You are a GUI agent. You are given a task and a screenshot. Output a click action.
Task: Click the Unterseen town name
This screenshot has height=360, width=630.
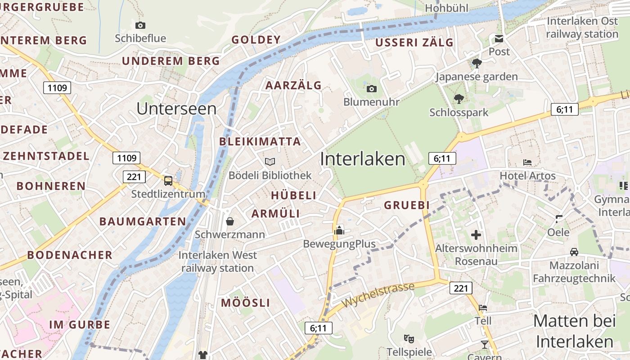(176, 108)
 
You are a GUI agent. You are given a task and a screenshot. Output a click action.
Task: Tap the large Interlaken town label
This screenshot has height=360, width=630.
(363, 159)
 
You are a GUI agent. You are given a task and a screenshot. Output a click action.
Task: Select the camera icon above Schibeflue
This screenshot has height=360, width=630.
(140, 25)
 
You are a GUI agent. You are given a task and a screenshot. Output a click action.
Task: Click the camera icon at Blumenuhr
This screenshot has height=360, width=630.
(372, 89)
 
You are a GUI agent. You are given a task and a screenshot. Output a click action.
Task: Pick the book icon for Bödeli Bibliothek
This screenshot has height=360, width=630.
(270, 162)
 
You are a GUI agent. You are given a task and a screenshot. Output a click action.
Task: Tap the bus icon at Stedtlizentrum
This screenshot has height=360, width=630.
(168, 181)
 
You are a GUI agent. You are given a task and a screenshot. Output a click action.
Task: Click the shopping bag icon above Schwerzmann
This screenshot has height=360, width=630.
(230, 221)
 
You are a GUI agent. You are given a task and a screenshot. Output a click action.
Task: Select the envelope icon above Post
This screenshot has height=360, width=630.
(499, 39)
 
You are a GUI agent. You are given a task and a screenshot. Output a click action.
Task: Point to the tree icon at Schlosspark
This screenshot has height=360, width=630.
(459, 99)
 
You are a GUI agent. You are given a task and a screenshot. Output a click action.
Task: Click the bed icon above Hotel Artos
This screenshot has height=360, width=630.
(527, 162)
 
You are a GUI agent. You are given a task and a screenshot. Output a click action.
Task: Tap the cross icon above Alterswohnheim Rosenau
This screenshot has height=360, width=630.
(476, 234)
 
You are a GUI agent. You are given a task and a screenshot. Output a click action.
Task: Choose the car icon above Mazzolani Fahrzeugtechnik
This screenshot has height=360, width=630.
(574, 252)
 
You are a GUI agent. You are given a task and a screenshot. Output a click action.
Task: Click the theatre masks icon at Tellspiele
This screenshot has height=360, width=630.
(409, 338)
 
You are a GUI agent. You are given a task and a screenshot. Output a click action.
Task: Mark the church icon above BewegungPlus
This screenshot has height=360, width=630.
(339, 230)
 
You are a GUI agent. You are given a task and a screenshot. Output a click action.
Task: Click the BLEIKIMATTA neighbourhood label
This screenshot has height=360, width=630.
(260, 141)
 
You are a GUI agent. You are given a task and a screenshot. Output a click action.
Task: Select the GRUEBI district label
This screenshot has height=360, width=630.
(406, 205)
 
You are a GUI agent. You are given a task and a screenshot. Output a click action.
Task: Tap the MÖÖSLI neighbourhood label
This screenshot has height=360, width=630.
(245, 303)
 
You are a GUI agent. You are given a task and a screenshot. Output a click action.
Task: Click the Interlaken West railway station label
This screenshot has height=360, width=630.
(218, 261)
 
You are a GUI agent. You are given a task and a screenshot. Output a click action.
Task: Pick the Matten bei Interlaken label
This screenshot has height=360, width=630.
(575, 331)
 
